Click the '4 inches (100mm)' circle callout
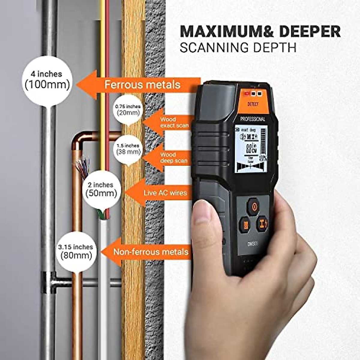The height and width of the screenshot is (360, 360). coord(46,79)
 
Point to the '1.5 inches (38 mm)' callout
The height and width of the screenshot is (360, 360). coord(128,149)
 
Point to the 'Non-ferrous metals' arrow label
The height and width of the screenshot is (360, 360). coord(150,252)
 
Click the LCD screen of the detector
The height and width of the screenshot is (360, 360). coord(251,149)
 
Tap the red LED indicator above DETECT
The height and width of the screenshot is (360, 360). coord(247,94)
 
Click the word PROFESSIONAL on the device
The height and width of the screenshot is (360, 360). coord(253,119)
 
